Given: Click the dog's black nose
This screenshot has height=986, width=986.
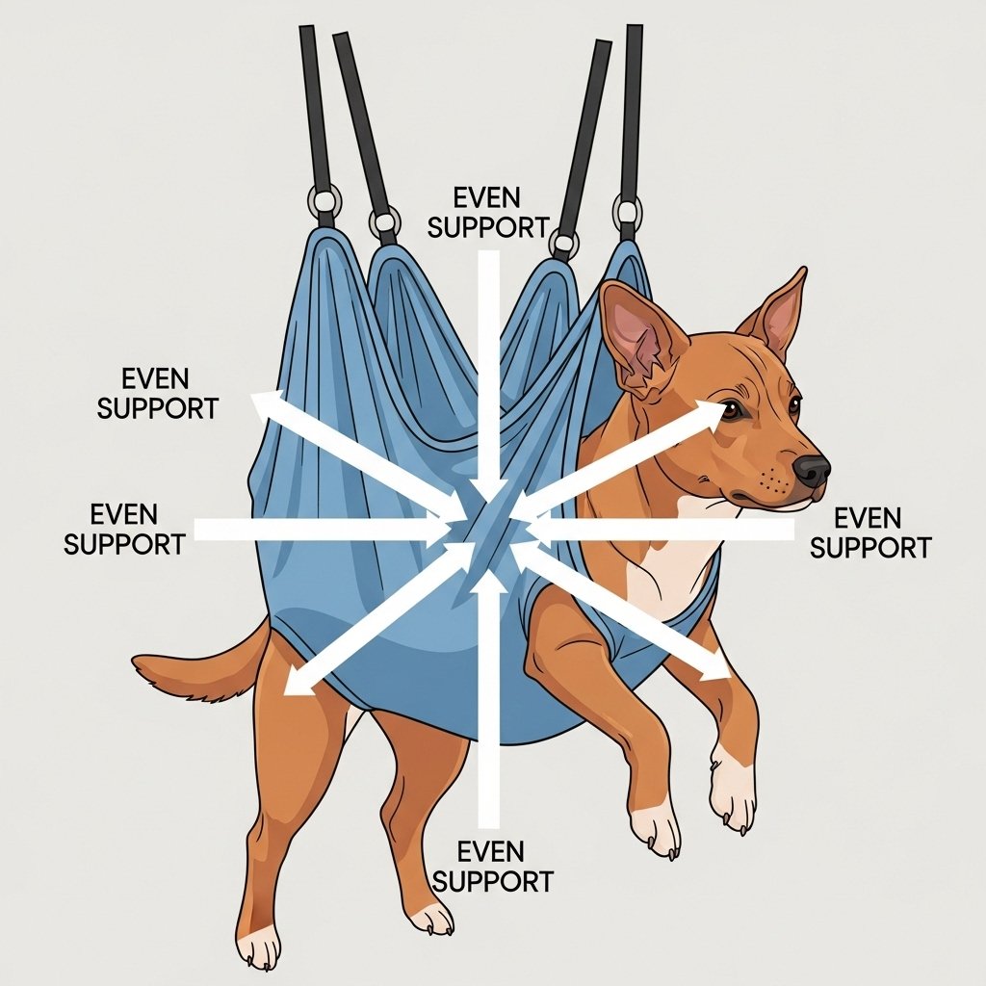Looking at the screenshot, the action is (x=812, y=470).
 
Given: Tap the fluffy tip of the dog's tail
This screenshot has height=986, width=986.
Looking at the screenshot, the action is (x=157, y=671).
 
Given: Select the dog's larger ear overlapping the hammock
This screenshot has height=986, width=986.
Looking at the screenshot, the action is (x=638, y=336).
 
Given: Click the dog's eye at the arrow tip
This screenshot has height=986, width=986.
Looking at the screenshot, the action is (x=731, y=410).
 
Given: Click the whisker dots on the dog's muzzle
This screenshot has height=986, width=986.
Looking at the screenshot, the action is (x=772, y=483).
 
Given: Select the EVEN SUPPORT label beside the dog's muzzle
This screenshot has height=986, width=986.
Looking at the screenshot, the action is (x=869, y=533).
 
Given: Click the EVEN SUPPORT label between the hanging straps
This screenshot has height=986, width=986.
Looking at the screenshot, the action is (x=488, y=212).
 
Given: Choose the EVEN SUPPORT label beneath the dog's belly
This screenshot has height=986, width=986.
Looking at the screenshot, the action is (x=492, y=867).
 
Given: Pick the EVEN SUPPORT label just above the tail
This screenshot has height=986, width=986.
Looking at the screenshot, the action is (x=124, y=529).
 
